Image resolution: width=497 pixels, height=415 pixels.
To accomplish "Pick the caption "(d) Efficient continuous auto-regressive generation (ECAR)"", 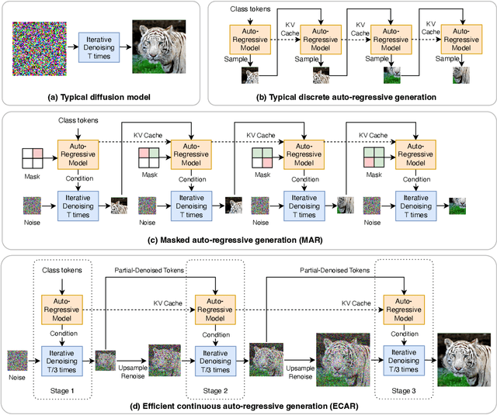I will click(248, 404).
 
